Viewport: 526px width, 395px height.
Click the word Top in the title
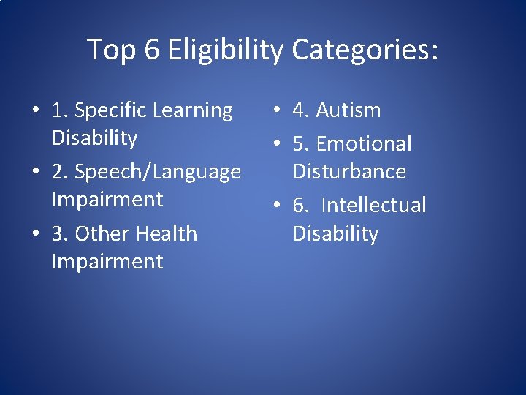(111, 50)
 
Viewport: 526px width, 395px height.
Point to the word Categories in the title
(365, 50)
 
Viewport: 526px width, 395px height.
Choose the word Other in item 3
(102, 234)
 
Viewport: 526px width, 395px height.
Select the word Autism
(348, 111)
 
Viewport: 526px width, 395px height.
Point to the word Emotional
(364, 144)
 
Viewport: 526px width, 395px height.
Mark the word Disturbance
(349, 172)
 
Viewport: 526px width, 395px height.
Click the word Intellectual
(373, 206)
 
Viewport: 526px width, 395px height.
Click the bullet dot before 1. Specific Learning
(35, 112)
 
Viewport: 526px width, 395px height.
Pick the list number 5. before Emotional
(301, 144)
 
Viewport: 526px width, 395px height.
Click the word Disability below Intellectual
(335, 234)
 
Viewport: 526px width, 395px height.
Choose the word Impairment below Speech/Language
(107, 200)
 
